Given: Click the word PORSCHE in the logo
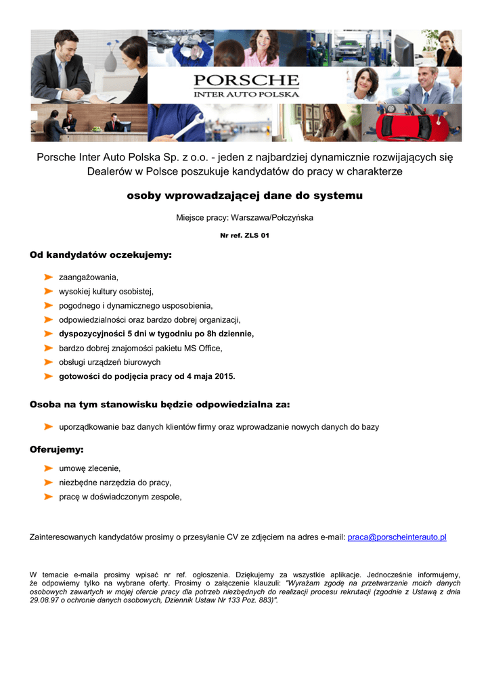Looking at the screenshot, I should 246,81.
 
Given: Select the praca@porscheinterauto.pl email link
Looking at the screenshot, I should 397,537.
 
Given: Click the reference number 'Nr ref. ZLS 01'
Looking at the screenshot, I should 244,236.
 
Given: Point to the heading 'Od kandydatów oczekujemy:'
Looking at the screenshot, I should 101,255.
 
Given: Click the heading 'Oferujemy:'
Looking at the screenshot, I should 57,449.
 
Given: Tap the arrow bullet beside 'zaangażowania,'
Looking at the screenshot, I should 49,277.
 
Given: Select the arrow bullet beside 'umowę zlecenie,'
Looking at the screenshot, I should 49,468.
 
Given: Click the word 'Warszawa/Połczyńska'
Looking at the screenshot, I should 272,218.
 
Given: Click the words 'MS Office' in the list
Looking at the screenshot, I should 202,348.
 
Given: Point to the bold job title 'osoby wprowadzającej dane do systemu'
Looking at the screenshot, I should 245,196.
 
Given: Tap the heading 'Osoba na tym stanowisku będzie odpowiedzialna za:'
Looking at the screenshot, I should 160,405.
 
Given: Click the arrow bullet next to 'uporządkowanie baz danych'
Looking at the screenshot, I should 49,427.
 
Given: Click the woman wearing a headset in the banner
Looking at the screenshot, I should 447,48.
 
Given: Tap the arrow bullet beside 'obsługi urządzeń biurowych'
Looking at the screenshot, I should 49,362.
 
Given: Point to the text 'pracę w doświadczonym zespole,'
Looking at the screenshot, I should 120,497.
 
